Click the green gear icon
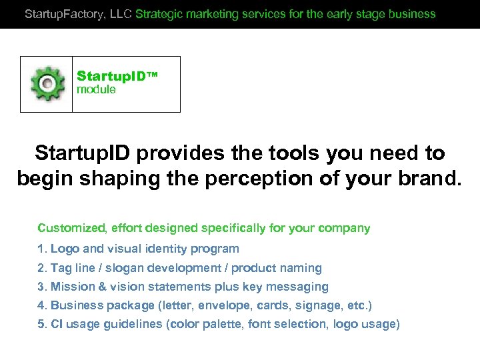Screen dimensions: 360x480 (47, 83)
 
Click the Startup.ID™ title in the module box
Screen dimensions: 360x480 (117, 76)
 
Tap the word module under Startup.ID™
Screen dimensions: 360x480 (96, 89)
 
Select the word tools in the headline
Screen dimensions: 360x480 (290, 153)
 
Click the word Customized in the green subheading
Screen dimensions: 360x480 (71, 228)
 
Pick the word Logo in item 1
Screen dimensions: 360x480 (65, 249)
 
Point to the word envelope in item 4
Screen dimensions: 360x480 (211, 305)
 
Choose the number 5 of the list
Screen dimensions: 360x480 (41, 324)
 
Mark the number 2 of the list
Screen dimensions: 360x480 (41, 268)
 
